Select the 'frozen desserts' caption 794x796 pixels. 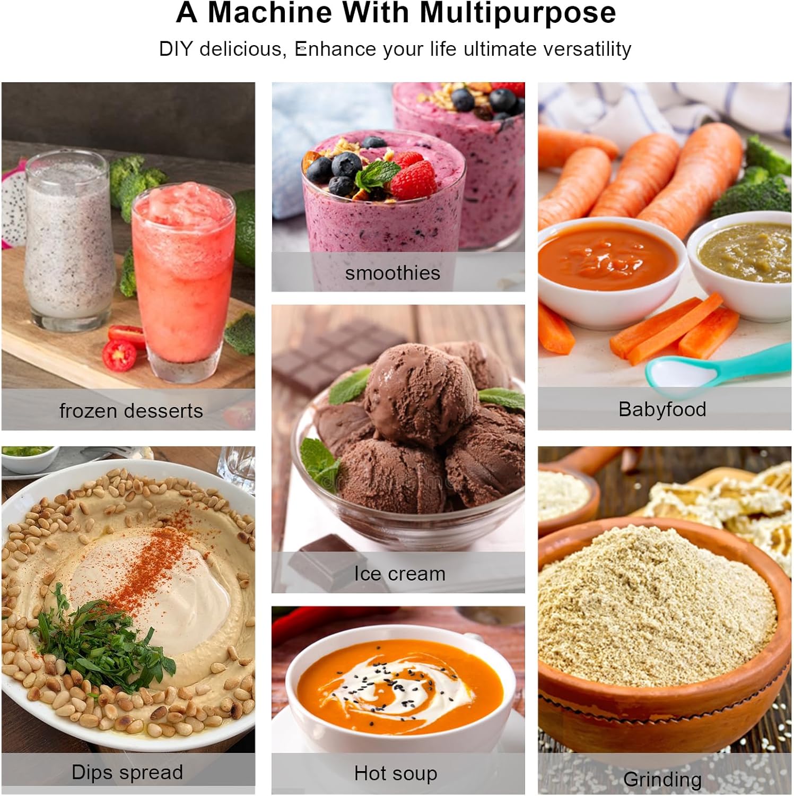tap(131, 411)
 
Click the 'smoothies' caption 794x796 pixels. tap(392, 273)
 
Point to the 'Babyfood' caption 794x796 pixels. tap(662, 410)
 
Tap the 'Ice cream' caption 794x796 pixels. tap(400, 574)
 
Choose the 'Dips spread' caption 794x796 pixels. tap(127, 773)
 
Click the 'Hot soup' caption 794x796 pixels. tap(396, 774)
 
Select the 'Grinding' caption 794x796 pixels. tap(662, 780)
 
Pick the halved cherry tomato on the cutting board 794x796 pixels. tap(119, 355)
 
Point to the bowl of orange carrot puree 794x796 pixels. tap(610, 271)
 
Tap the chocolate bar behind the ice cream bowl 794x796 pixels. tap(334, 353)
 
